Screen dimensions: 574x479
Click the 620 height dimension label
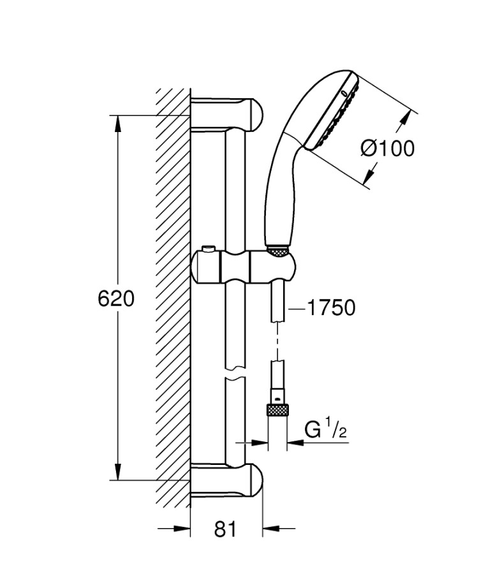tap(116, 298)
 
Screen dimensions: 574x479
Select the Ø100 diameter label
tap(387, 148)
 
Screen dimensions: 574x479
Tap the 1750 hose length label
tap(331, 308)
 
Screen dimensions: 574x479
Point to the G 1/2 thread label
tap(325, 430)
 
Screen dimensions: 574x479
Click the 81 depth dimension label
tap(225, 529)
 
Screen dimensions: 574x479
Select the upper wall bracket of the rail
tap(226, 113)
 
